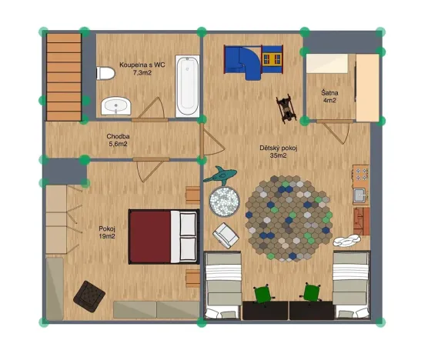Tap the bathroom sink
click(116, 105)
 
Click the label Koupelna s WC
click(142, 65)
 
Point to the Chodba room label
click(118, 136)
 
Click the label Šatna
click(329, 92)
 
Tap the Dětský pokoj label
click(278, 148)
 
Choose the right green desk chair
click(312, 293)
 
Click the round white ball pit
click(226, 202)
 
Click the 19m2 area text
click(106, 235)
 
